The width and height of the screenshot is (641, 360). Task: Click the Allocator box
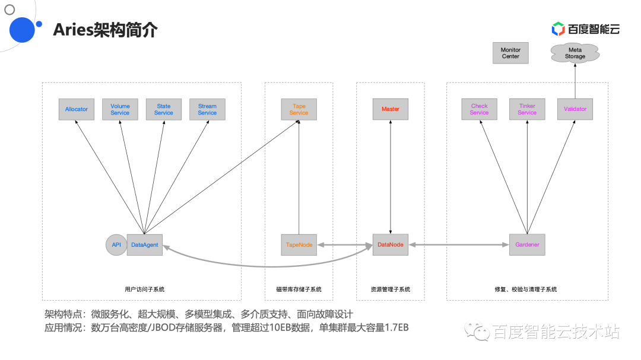tap(77, 109)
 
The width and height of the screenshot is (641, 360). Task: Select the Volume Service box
tap(120, 109)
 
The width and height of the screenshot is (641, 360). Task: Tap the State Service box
tap(164, 109)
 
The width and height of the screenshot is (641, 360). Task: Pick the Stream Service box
tap(207, 109)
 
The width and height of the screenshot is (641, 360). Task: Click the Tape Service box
tap(299, 109)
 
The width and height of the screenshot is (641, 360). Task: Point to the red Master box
tap(391, 109)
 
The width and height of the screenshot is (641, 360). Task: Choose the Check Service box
tap(479, 109)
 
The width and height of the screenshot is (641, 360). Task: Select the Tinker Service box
tap(527, 109)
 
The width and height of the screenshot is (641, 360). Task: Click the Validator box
tap(575, 109)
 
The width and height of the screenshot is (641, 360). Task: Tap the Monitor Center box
tap(510, 53)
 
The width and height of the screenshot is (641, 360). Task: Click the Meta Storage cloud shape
tap(575, 53)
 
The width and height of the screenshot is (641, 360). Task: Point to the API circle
tap(116, 244)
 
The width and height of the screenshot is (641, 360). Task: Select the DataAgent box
tap(145, 244)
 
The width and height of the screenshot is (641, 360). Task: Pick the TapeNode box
tap(299, 244)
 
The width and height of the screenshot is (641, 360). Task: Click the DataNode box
tap(391, 244)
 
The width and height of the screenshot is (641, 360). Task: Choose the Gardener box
tap(527, 244)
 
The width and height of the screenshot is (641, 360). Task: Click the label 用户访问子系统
tap(145, 289)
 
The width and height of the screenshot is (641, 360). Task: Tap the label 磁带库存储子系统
tap(299, 289)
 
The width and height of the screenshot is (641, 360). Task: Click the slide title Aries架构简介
tap(105, 30)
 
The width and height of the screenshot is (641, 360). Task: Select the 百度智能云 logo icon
tap(558, 28)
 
